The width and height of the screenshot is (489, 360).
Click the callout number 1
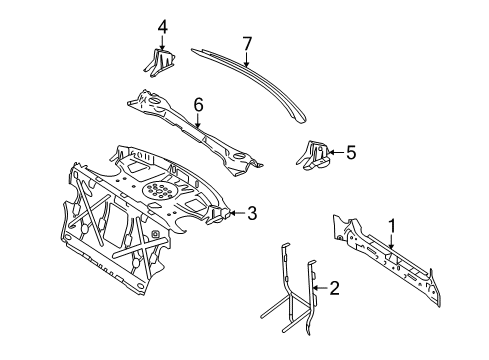[x=392, y=226]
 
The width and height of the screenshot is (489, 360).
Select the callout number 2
[x=334, y=288]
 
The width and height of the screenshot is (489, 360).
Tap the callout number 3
[x=252, y=213]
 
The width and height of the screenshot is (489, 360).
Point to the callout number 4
[x=162, y=27]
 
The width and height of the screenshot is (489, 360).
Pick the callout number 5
[x=351, y=152]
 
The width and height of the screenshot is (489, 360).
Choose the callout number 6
[x=198, y=105]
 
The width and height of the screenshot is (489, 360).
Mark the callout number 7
[x=247, y=44]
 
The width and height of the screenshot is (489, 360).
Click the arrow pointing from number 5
[x=336, y=152]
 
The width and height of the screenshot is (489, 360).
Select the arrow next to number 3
[x=237, y=213]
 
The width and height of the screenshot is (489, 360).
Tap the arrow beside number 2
[x=320, y=288]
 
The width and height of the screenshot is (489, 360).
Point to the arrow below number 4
[x=162, y=43]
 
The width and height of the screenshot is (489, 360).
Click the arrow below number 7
[x=246, y=60]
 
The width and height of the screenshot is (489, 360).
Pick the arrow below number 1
[x=392, y=242]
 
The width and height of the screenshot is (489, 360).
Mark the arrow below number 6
[x=198, y=121]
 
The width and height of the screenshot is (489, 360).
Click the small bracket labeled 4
[x=160, y=63]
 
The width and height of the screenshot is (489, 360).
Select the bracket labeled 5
[x=313, y=155]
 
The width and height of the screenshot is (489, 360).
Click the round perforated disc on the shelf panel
[x=159, y=191]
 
